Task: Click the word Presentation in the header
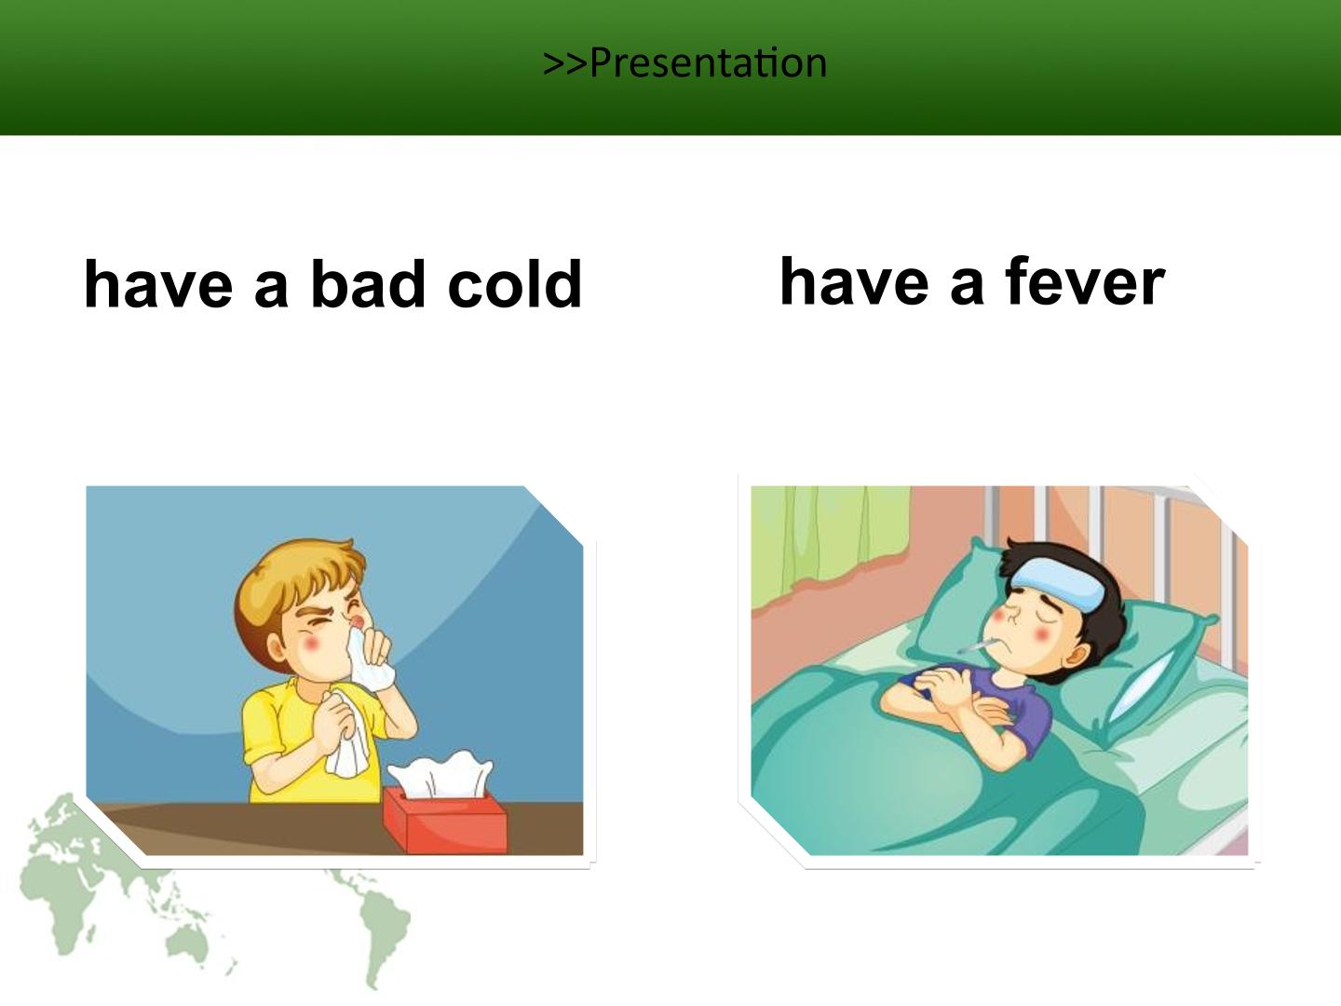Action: [x=709, y=63]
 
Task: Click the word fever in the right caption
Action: [x=1084, y=281]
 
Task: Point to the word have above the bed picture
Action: [x=854, y=281]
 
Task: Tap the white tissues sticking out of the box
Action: [x=440, y=774]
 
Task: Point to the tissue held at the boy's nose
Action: [x=369, y=659]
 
